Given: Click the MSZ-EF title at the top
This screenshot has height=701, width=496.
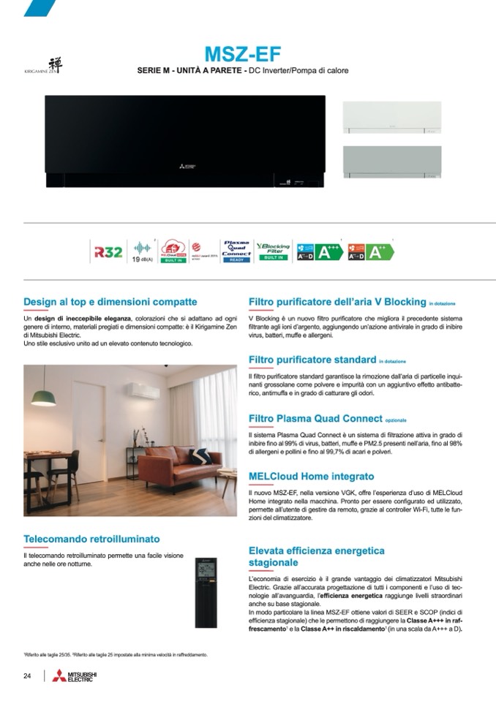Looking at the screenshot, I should coord(242,54).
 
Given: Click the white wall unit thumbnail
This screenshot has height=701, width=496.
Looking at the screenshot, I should coord(392,117).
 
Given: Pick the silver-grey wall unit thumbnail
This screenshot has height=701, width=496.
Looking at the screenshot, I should coord(392,162).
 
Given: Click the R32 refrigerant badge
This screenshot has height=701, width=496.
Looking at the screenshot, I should coord(103,251).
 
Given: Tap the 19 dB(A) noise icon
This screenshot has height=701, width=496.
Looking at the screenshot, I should coord(142,251).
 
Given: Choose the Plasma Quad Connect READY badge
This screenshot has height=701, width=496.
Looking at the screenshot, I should coord(236,251).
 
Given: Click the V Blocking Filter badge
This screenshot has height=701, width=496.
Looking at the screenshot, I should coord(273,251).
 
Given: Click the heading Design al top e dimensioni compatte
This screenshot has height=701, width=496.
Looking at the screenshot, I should coord(110,301).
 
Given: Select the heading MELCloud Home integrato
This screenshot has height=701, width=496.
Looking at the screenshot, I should coord(311,476).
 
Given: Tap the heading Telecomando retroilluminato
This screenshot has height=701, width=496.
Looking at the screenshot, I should coord(91,539).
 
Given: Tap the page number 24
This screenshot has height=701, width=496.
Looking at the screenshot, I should coord(27,675).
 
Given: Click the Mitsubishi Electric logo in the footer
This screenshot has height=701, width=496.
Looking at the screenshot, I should coord(73,675).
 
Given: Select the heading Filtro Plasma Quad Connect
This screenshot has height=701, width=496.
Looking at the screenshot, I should coord(315,418).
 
